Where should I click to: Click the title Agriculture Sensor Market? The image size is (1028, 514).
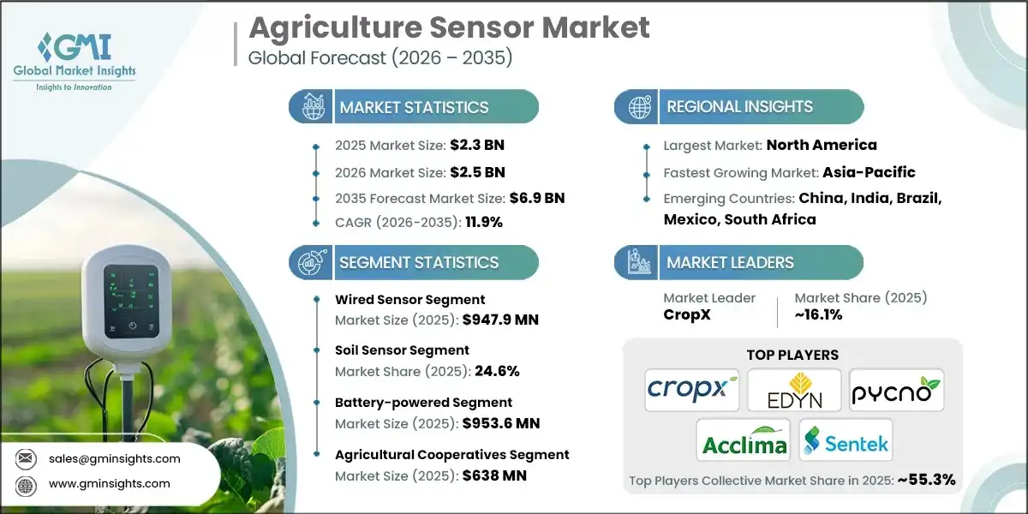[x=449, y=28]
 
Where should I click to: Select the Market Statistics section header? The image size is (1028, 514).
[x=414, y=107]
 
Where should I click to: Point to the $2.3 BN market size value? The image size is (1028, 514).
[x=472, y=145]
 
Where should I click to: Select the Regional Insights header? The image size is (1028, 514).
[x=739, y=107]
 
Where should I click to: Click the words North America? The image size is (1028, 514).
[x=821, y=146]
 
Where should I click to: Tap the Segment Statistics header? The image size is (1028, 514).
[x=418, y=263]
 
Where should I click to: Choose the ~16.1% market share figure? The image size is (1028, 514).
[x=818, y=315]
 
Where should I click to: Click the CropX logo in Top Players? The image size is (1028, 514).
[x=692, y=390]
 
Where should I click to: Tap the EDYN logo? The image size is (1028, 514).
[x=793, y=390]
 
